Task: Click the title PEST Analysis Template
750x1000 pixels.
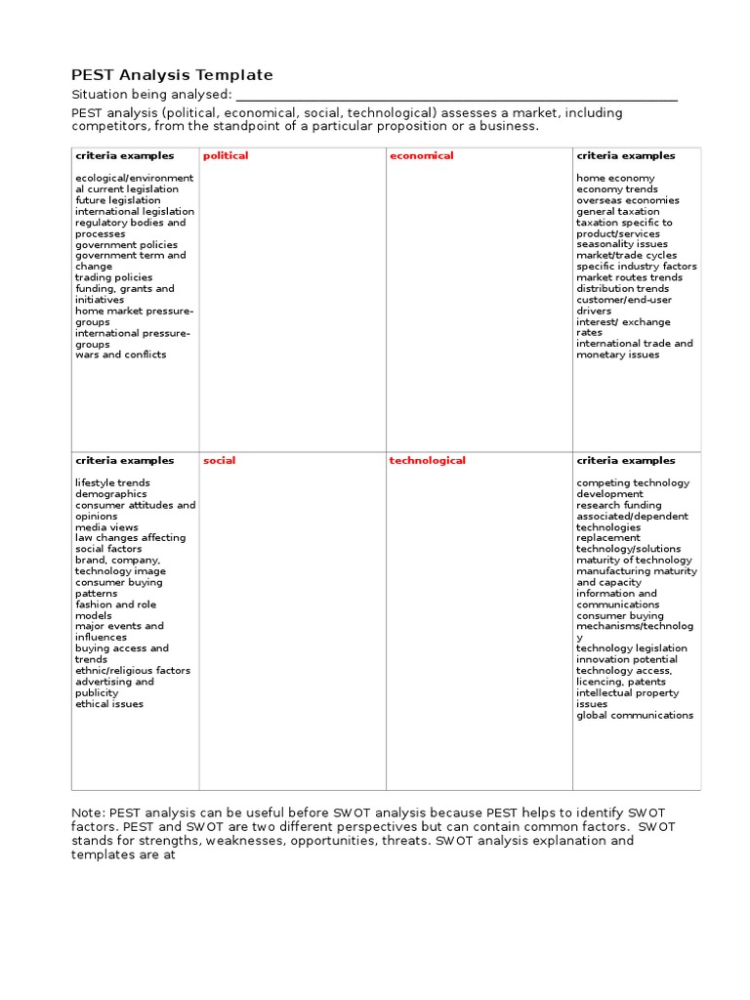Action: tap(173, 75)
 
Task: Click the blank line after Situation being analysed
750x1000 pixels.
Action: tap(456, 95)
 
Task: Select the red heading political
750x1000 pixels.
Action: tap(226, 156)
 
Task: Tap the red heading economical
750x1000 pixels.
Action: tap(421, 156)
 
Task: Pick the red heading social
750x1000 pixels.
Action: tap(219, 461)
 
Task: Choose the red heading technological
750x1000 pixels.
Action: tap(427, 461)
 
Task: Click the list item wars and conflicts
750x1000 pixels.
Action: tap(121, 354)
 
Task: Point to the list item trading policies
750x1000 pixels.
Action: tap(114, 277)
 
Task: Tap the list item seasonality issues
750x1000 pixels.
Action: tap(622, 244)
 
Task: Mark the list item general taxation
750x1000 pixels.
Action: tap(617, 211)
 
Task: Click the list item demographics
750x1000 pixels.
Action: tap(110, 494)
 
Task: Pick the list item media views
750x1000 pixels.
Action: tap(106, 527)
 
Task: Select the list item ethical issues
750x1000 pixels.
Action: tap(109, 704)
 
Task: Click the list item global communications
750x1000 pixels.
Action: tap(635, 715)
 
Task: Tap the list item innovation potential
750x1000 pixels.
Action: tap(626, 660)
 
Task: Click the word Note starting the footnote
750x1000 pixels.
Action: tap(87, 812)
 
